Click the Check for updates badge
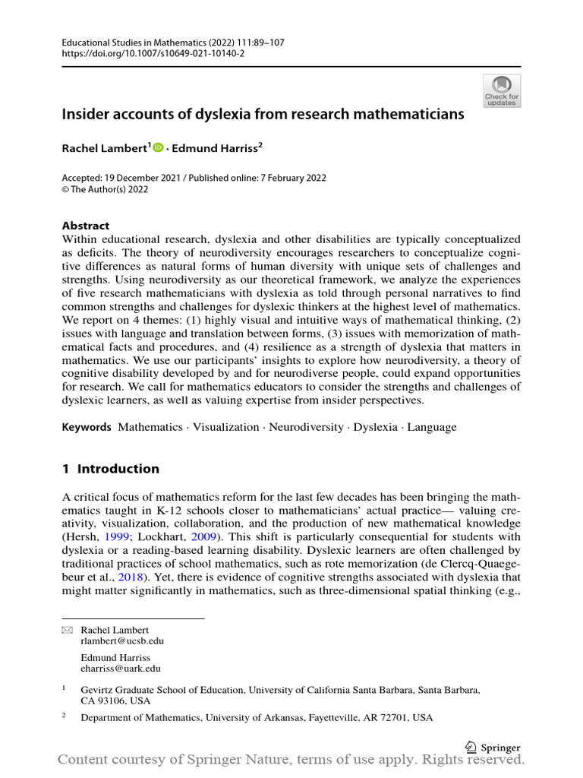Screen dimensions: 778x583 click(502, 91)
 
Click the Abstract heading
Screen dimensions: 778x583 click(85, 226)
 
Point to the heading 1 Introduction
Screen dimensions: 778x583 click(110, 469)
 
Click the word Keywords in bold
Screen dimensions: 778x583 click(87, 427)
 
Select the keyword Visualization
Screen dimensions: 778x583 click(225, 427)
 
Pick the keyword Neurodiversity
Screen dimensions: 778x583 click(306, 427)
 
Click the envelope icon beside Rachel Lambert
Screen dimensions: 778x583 click(67, 631)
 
